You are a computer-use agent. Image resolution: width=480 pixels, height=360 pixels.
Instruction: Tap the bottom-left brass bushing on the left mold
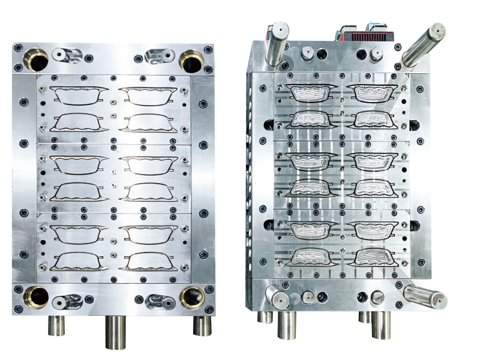[38, 296]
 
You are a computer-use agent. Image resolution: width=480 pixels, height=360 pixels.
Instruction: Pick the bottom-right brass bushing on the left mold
[192, 296]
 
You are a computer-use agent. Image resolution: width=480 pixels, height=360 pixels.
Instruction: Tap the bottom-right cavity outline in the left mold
[149, 260]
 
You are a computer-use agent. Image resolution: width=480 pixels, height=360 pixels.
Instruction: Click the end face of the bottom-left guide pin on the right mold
[275, 298]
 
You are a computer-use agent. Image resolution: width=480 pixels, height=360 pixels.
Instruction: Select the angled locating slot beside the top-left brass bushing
[66, 56]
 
